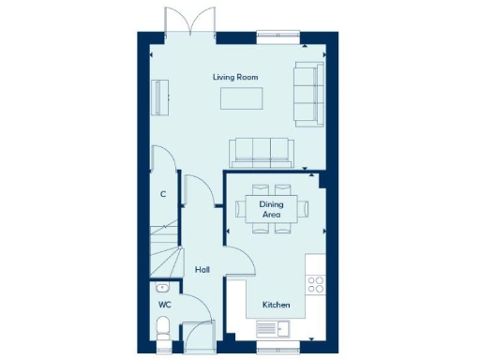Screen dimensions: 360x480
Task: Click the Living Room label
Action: [236, 76]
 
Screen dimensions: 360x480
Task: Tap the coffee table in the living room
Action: [240, 98]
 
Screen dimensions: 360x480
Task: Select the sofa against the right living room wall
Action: [307, 94]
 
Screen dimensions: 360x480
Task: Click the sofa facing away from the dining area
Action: [262, 150]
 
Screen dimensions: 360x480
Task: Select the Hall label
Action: [202, 270]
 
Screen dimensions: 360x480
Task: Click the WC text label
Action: [164, 305]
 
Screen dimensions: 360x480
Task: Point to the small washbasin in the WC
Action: [162, 288]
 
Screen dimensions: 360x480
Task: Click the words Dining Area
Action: [271, 209]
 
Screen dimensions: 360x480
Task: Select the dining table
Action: [271, 208]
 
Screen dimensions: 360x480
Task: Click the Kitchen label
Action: [276, 306]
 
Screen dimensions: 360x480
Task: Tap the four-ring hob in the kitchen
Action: [315, 284]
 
